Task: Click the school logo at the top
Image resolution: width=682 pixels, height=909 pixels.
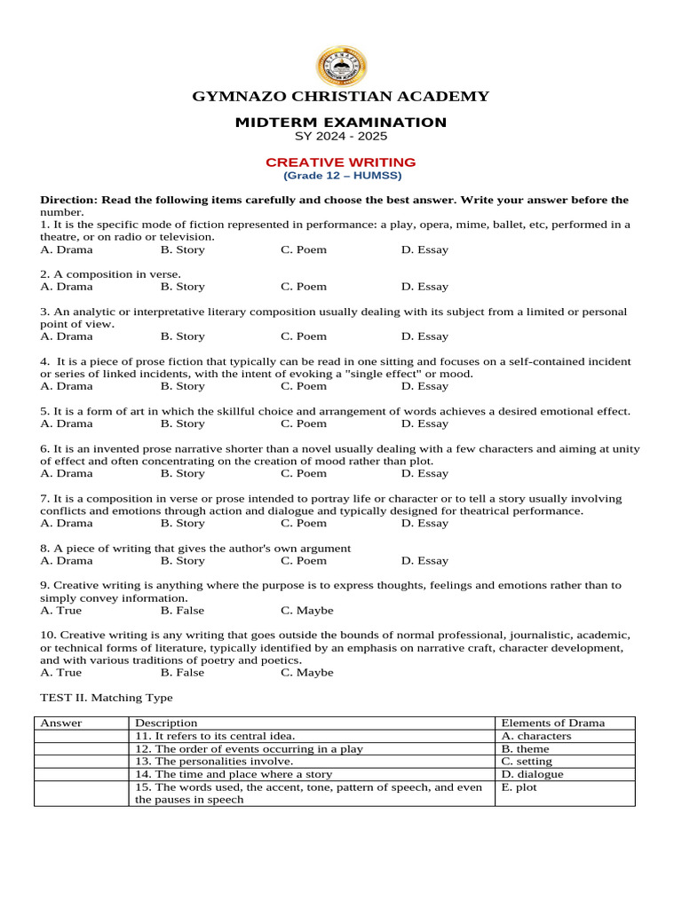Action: (x=341, y=67)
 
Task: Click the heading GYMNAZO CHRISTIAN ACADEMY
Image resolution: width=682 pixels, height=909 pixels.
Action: (x=341, y=97)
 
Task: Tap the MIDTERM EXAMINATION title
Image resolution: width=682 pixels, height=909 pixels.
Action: (x=341, y=123)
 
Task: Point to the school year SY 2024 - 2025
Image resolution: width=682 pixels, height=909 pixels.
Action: (x=341, y=137)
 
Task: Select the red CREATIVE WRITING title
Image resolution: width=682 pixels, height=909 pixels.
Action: (x=341, y=162)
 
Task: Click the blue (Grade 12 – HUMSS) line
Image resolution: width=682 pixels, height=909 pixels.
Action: (x=341, y=176)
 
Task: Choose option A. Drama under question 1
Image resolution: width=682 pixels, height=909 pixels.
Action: (x=67, y=249)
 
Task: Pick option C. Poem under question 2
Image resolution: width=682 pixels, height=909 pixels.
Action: (x=304, y=287)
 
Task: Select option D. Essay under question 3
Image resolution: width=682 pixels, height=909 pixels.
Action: (x=424, y=336)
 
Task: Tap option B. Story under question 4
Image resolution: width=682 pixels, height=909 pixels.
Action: (x=183, y=386)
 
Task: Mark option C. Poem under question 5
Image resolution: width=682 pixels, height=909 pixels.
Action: (x=304, y=423)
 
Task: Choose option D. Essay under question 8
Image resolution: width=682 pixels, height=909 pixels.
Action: (x=424, y=560)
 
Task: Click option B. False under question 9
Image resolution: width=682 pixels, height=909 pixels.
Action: (x=182, y=610)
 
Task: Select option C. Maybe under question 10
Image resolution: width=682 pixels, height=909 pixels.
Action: (x=307, y=672)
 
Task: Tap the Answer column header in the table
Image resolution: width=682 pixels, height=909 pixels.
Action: (x=61, y=723)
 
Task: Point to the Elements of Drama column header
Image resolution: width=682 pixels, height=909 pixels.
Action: (x=552, y=723)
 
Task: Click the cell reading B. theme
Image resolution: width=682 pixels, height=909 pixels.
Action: (x=526, y=748)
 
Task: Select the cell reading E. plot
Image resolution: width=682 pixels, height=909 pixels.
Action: (x=519, y=786)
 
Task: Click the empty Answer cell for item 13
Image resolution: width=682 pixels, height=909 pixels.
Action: (x=82, y=762)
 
